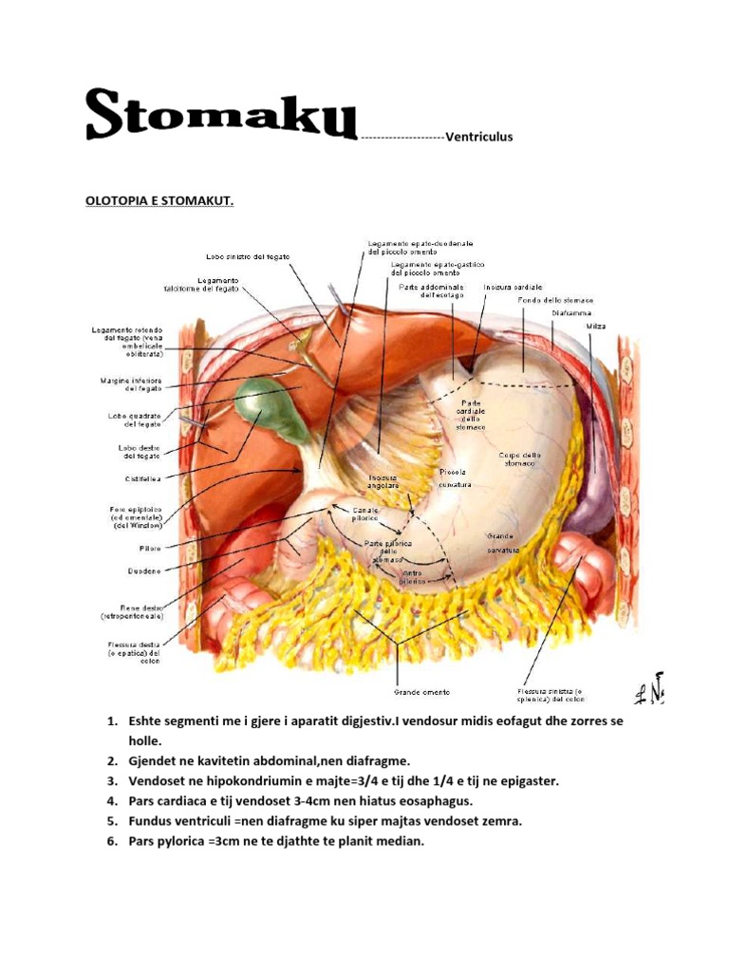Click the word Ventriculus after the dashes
[x=478, y=137]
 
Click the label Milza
[x=595, y=327]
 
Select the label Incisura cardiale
[x=513, y=287]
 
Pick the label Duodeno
[x=142, y=570]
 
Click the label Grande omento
[x=422, y=692]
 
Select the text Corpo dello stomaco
[x=520, y=459]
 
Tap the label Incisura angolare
[x=384, y=481]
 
